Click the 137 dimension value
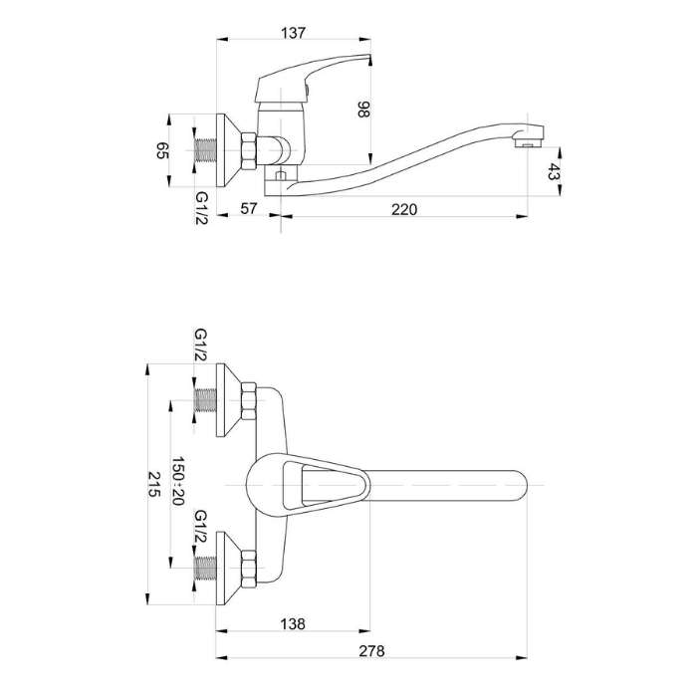(293, 32)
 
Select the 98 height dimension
(362, 110)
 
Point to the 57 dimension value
(249, 209)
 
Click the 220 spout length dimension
(403, 209)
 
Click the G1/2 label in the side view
(201, 207)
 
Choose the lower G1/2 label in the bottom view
(201, 528)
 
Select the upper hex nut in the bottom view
(248, 402)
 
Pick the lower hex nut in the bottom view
(248, 568)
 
